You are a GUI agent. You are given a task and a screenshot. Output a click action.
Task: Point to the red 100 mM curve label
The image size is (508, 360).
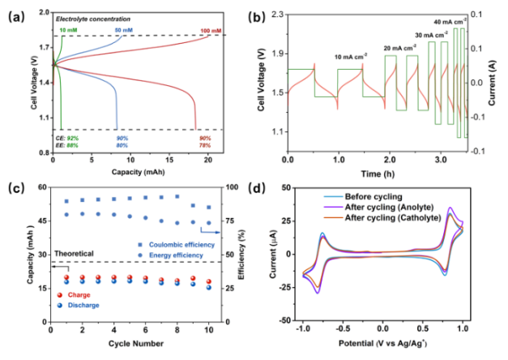pyautogui.click(x=209, y=31)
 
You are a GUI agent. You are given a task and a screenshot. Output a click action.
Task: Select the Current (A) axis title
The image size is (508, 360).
pyautogui.click(x=501, y=83)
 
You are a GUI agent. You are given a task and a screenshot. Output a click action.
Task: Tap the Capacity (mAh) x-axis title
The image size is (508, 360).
pyautogui.click(x=131, y=172)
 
